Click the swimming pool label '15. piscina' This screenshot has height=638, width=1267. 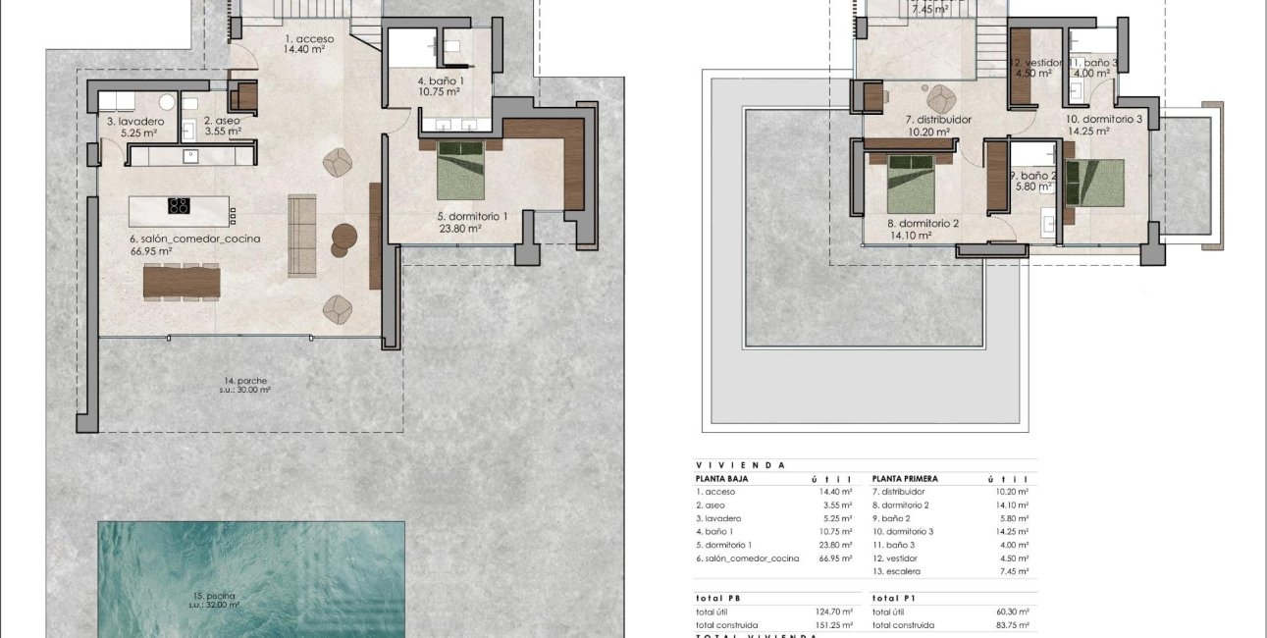click(214, 595)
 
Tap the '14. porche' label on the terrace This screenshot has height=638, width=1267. click(244, 380)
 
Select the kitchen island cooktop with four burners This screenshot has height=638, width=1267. click(179, 206)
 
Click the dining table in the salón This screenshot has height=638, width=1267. click(182, 282)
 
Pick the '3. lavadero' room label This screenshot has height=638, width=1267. click(135, 122)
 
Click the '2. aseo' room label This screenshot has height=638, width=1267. click(221, 122)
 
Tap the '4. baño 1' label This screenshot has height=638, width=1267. click(441, 80)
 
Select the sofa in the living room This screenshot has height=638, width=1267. click(302, 236)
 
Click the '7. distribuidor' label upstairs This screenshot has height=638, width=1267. click(937, 120)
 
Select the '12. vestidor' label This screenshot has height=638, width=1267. click(1037, 62)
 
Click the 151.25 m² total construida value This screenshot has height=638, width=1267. click(834, 625)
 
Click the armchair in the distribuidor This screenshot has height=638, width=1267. click(940, 97)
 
